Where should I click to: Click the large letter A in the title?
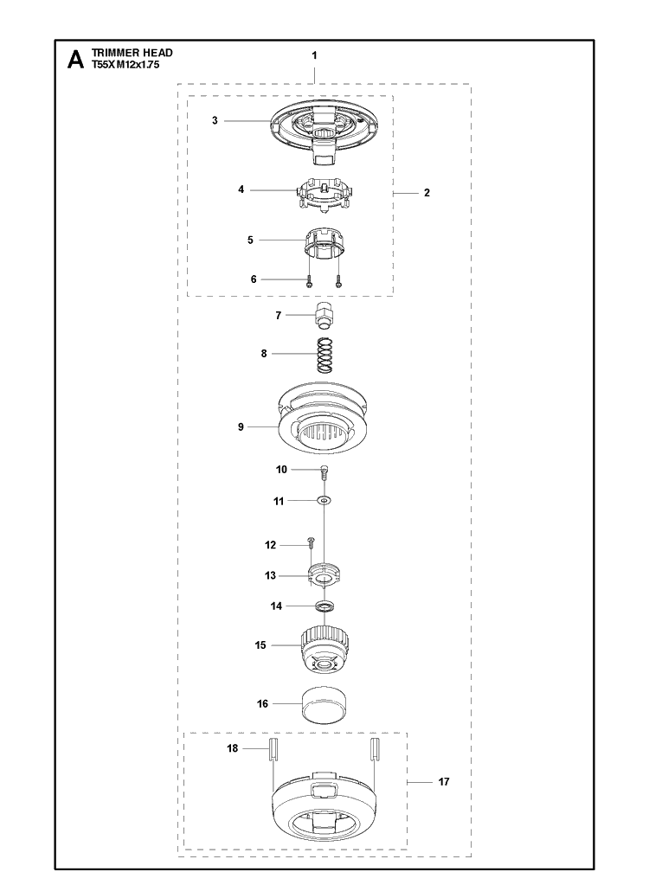[x=75, y=60]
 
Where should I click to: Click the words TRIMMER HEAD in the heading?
[x=132, y=53]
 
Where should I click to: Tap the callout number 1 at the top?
[x=314, y=55]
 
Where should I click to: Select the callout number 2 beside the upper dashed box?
[x=427, y=193]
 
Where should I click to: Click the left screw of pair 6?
[x=310, y=280]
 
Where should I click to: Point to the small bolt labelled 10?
[x=324, y=472]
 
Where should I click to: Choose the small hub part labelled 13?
[x=324, y=576]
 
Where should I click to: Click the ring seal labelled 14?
[x=324, y=606]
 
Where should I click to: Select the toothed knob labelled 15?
[x=324, y=648]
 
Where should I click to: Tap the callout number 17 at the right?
[x=443, y=782]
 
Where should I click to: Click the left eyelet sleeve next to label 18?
[x=273, y=749]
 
